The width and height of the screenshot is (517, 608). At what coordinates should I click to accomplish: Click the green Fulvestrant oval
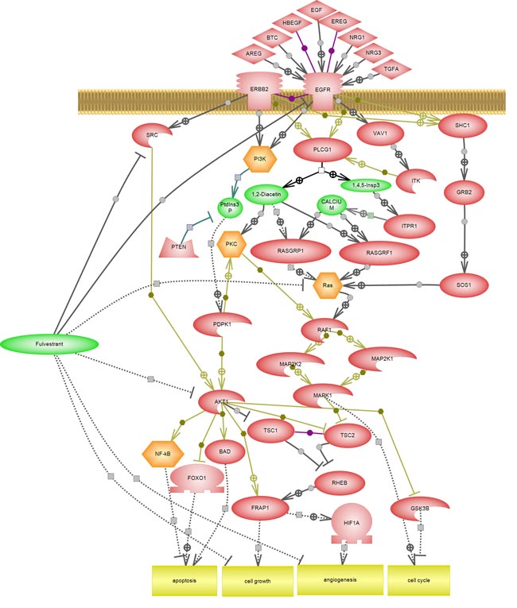(49, 343)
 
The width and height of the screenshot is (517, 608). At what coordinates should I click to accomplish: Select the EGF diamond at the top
(317, 10)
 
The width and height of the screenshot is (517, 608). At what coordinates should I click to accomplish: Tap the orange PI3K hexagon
(260, 159)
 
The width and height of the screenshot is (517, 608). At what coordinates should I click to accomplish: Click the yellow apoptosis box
(185, 581)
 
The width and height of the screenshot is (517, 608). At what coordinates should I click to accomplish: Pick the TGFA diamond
(391, 69)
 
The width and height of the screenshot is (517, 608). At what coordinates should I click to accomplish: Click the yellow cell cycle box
(418, 580)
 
